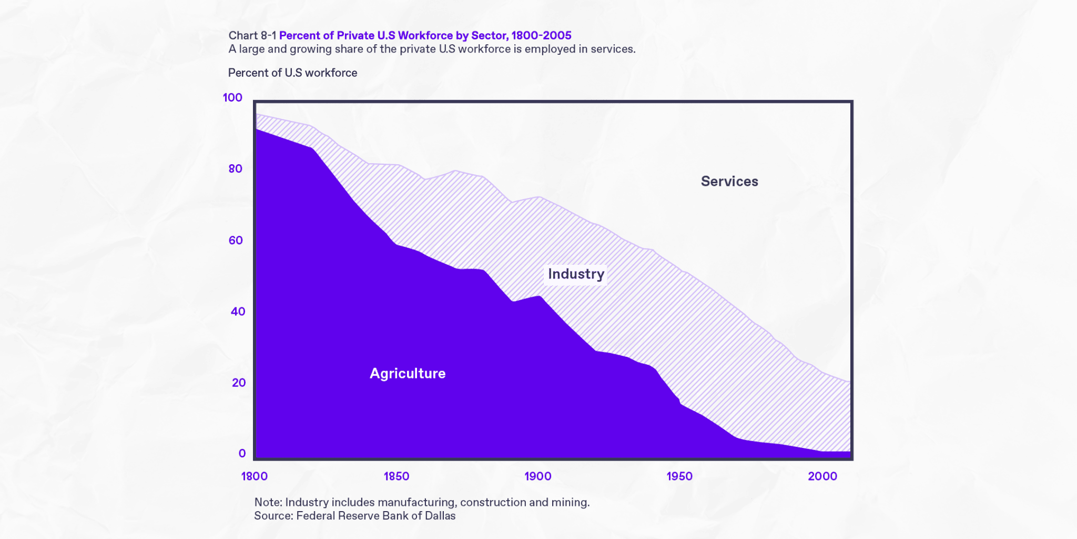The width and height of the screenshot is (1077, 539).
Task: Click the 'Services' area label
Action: (729, 182)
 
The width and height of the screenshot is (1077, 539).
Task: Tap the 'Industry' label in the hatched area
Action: (576, 274)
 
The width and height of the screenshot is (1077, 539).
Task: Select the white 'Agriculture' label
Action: (408, 374)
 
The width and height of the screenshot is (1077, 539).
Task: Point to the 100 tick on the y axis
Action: (232, 98)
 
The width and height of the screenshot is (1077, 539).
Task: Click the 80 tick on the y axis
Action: (235, 169)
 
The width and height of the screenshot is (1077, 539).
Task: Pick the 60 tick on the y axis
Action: (235, 241)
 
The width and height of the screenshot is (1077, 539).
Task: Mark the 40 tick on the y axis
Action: (238, 312)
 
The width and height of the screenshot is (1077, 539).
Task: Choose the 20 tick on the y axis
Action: (238, 383)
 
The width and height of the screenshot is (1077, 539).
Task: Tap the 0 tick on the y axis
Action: (242, 454)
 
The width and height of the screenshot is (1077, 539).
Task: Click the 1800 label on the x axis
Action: (255, 476)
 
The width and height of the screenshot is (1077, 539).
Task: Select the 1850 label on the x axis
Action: (396, 476)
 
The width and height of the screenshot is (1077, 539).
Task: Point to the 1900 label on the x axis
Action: (538, 476)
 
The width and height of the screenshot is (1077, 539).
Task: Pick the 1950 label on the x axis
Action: (679, 476)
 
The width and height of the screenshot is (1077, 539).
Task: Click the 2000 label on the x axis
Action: (822, 476)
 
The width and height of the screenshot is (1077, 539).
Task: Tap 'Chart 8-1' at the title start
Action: (252, 36)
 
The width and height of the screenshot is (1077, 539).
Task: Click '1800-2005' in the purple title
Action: (541, 36)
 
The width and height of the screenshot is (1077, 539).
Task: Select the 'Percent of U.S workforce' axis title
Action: (292, 73)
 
